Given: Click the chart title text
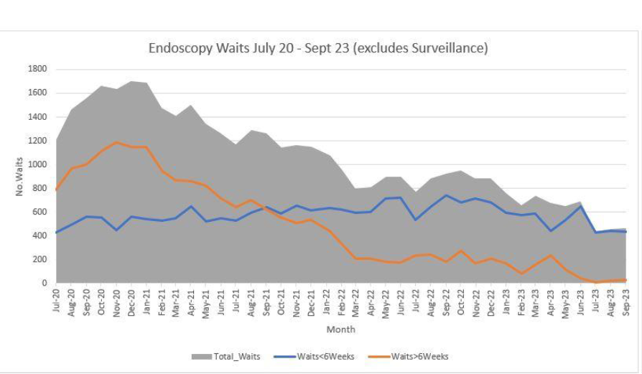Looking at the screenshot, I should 318,48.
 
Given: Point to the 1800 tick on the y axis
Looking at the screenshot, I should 37,69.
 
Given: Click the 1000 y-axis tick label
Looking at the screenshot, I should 37,164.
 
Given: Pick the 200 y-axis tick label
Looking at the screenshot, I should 40,259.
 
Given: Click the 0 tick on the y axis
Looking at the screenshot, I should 45,283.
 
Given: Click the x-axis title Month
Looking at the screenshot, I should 341,329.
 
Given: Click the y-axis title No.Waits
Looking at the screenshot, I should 19,177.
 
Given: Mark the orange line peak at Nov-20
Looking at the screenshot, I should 116,142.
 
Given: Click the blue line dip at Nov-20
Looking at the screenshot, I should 116,230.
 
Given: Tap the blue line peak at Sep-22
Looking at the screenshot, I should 446,195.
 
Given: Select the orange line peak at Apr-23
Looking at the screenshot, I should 551,255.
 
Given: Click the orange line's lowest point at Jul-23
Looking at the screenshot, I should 595,282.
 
